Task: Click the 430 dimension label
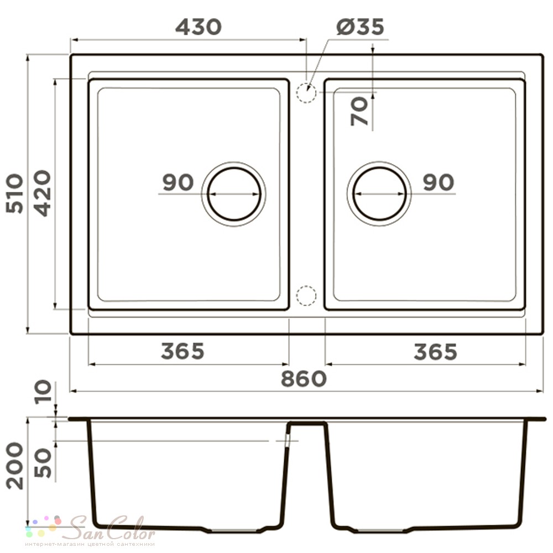pyautogui.click(x=199, y=27)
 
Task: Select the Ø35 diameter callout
pyautogui.click(x=360, y=27)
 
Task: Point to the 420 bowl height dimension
pyautogui.click(x=43, y=193)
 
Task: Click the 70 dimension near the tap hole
pyautogui.click(x=359, y=112)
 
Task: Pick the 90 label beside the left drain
pyautogui.click(x=178, y=182)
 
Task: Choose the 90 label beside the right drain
pyautogui.click(x=439, y=182)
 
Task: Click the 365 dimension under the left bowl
pyautogui.click(x=182, y=351)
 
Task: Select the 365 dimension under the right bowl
pyautogui.click(x=436, y=352)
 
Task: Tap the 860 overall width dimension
pyautogui.click(x=304, y=379)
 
